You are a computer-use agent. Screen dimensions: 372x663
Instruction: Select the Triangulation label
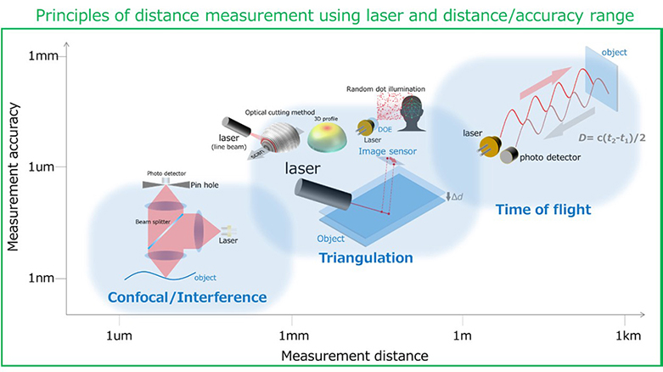tap(366, 257)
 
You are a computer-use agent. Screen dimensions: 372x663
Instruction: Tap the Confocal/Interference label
tap(187, 296)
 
